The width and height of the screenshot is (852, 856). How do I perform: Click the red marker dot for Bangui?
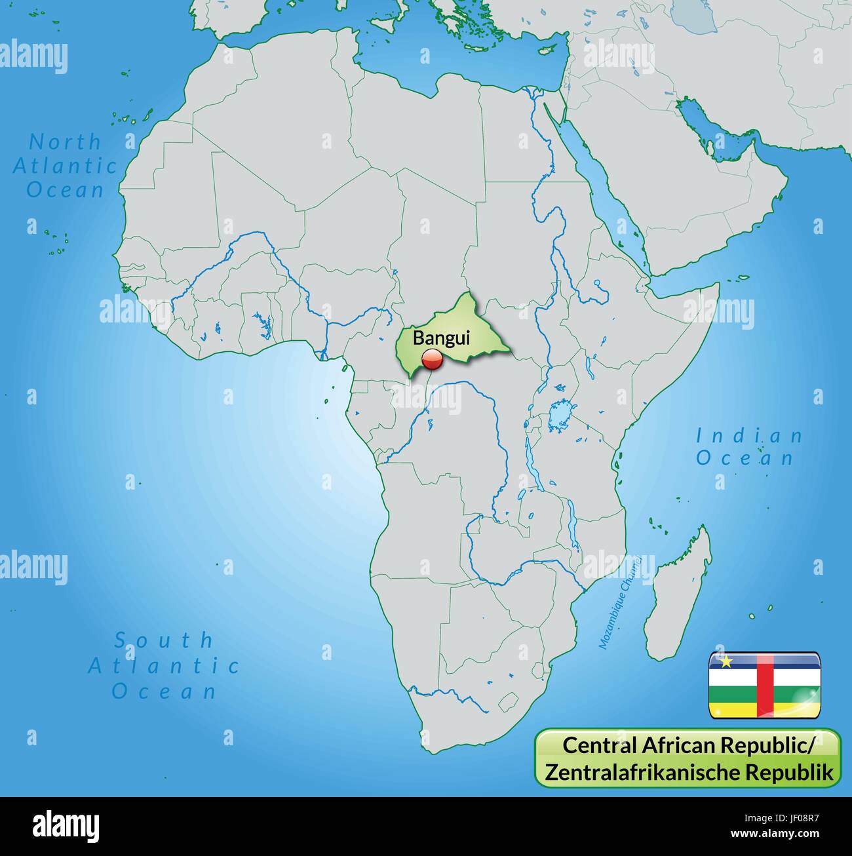point(432,359)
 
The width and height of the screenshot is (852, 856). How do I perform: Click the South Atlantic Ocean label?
point(164,665)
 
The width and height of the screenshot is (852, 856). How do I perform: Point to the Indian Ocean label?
point(749,446)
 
